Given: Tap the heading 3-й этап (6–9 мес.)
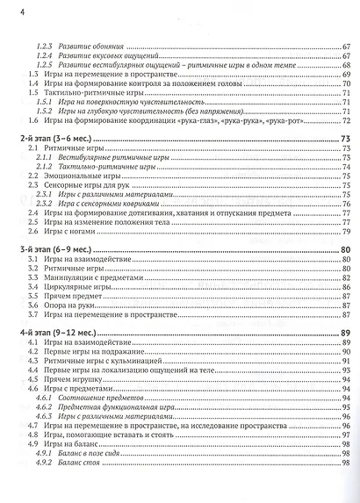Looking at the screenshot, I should [x=51, y=251].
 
